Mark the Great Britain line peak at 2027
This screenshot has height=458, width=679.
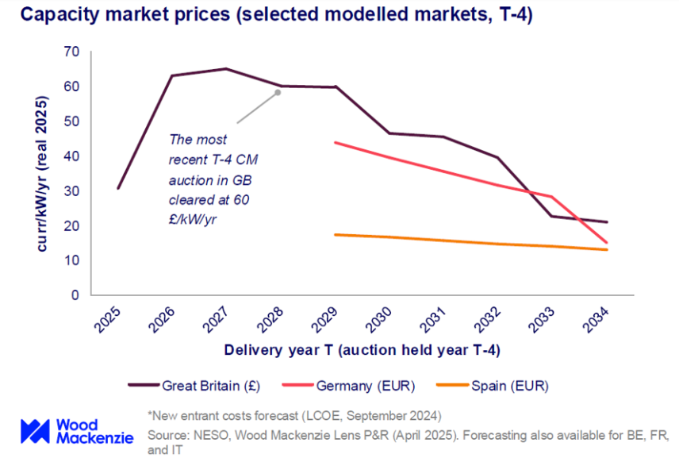(226, 69)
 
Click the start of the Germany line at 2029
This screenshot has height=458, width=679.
(335, 143)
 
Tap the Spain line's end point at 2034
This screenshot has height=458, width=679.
(608, 250)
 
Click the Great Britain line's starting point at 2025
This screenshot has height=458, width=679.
(117, 189)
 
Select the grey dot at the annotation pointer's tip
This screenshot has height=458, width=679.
(278, 92)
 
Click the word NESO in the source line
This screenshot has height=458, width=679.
(202, 436)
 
